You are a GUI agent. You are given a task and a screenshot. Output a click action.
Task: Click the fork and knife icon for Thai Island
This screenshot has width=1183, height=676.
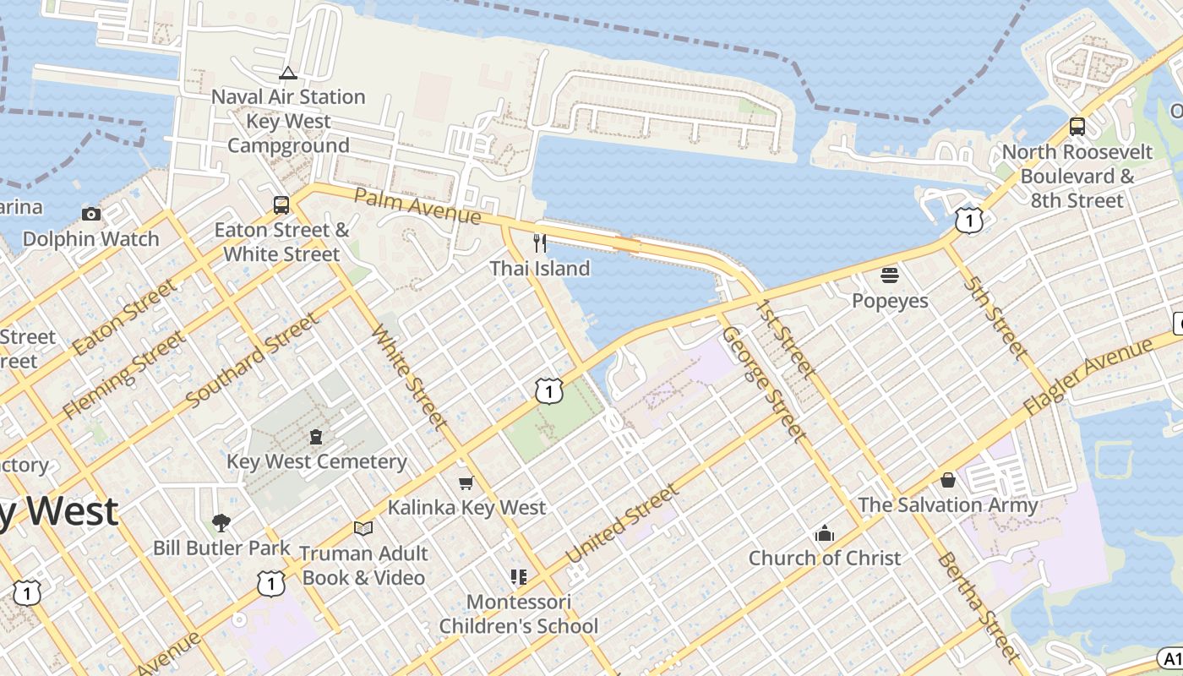(x=540, y=243)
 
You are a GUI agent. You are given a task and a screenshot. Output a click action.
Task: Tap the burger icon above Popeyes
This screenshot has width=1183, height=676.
(x=889, y=275)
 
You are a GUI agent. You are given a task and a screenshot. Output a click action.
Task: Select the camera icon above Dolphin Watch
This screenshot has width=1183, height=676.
(x=90, y=214)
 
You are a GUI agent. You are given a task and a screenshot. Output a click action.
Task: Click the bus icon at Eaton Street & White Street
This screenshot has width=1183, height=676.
(x=281, y=204)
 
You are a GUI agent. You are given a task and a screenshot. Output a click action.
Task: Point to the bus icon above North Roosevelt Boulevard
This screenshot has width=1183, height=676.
(x=1077, y=127)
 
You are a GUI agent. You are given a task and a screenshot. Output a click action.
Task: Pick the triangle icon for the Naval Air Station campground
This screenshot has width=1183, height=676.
(x=288, y=73)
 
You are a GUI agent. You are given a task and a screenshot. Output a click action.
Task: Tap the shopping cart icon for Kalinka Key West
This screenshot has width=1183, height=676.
(x=466, y=482)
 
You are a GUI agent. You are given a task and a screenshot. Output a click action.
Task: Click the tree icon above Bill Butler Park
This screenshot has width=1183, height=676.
(x=221, y=523)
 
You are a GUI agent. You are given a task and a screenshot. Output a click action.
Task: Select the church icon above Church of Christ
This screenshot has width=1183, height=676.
(x=824, y=533)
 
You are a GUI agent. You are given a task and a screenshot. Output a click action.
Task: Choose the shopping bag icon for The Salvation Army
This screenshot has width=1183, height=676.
(x=947, y=480)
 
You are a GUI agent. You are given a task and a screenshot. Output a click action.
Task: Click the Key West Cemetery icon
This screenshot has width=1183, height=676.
(x=316, y=437)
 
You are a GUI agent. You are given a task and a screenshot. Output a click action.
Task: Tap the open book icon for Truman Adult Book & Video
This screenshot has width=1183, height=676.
(x=363, y=528)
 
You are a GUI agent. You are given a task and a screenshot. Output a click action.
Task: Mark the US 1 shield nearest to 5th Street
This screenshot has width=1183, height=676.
(x=969, y=221)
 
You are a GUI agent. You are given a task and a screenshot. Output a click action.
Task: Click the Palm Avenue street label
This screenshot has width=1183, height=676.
(x=417, y=207)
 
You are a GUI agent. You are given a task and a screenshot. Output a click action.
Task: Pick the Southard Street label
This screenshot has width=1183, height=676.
(x=253, y=360)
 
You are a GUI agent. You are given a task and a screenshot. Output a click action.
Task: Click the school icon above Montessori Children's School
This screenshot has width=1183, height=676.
(x=518, y=577)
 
